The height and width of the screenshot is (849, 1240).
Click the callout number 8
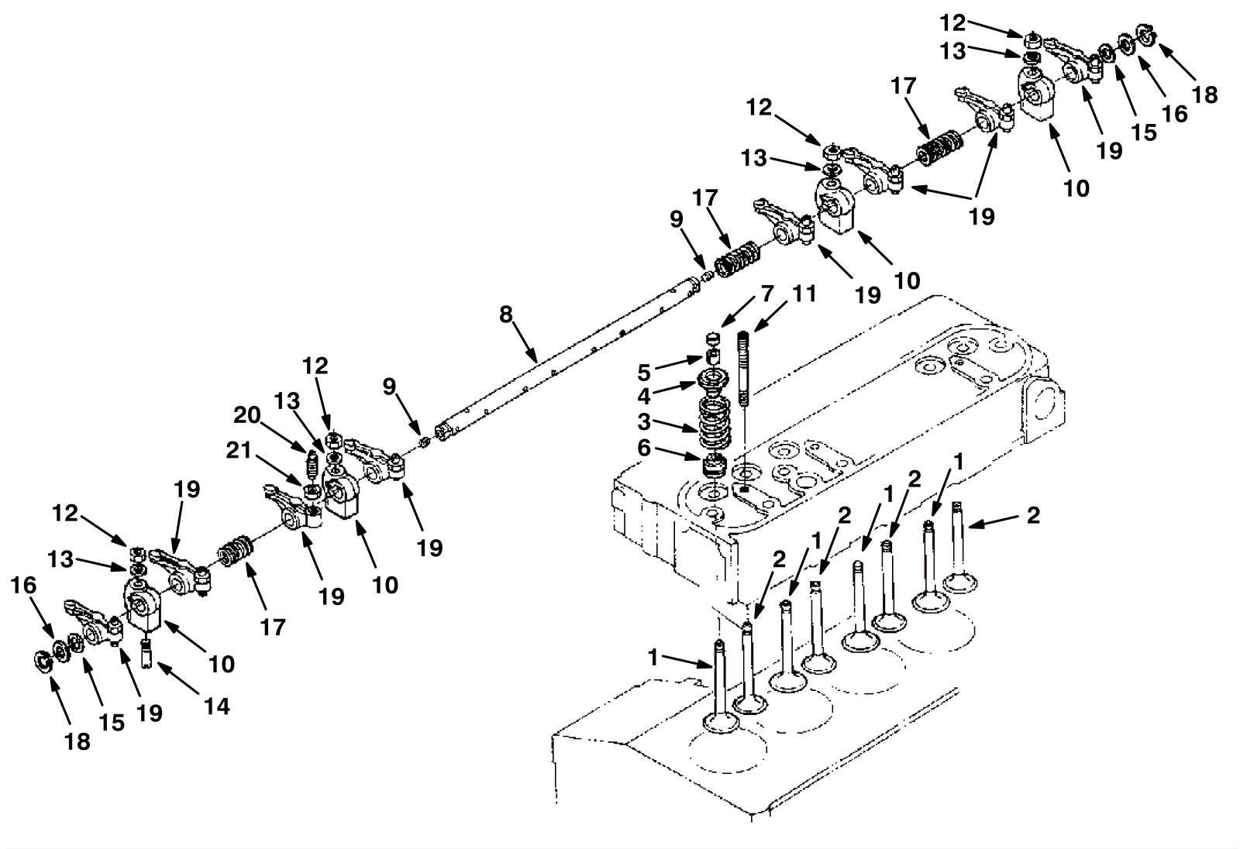[506, 315]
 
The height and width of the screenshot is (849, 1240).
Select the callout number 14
[218, 706]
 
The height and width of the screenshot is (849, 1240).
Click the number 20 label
[247, 415]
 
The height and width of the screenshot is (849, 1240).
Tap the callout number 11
[804, 294]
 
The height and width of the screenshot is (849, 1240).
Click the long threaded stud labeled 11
[745, 368]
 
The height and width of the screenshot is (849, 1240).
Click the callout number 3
[644, 423]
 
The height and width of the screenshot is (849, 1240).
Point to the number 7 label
[766, 294]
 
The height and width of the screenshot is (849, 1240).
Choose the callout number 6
[644, 449]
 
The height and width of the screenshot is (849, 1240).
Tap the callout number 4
[644, 396]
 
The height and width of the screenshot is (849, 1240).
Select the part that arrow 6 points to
[712, 466]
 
